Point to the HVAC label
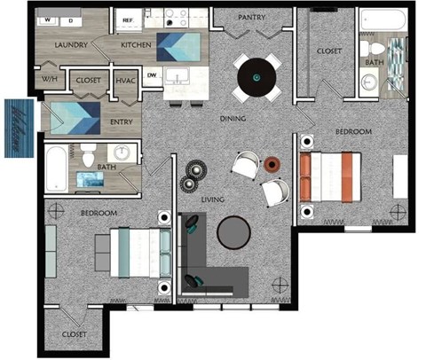(125, 81)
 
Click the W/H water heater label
(48, 81)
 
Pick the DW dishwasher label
(152, 75)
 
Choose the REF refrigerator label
(128, 18)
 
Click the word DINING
(233, 117)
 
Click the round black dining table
(256, 76)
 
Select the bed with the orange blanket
(333, 176)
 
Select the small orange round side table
(272, 162)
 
